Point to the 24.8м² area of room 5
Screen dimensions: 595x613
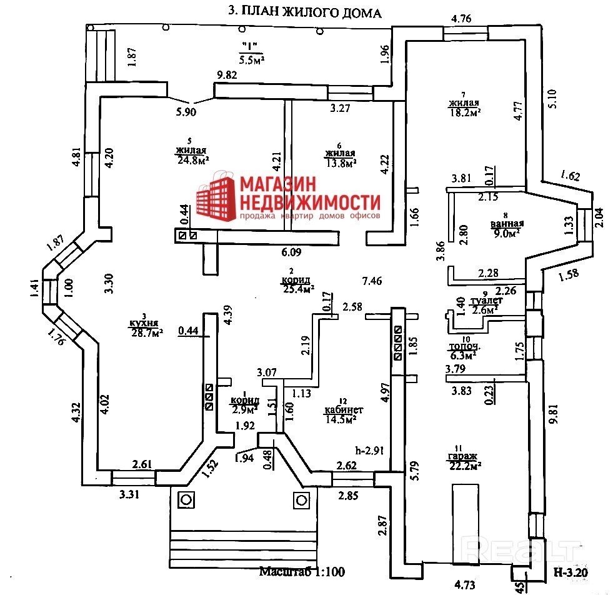tap(192, 160)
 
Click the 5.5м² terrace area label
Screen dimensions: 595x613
tap(251, 59)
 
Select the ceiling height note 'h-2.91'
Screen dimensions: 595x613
tap(369, 449)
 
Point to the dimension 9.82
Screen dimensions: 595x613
tap(228, 76)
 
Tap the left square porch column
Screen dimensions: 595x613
tap(186, 499)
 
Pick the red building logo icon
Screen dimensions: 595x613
tap(214, 198)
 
